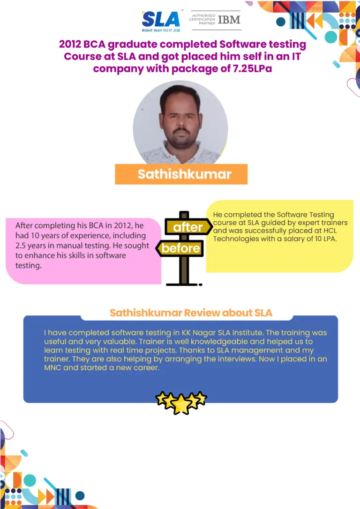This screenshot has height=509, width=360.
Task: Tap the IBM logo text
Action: coord(230,20)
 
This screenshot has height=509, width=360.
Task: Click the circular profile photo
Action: coord(180,125)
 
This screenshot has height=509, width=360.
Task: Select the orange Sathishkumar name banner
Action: coord(181,174)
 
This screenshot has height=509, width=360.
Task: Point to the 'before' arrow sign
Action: coord(180,248)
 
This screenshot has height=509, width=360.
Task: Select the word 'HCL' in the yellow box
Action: coord(328,231)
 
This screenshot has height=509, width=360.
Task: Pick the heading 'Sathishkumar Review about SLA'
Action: coord(191,313)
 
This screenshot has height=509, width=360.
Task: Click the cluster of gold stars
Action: coord(181,402)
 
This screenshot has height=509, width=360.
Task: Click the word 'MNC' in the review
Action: coord(54,368)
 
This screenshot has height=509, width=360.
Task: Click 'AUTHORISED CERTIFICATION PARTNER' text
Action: coord(202,19)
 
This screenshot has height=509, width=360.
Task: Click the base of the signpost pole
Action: coord(184,283)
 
